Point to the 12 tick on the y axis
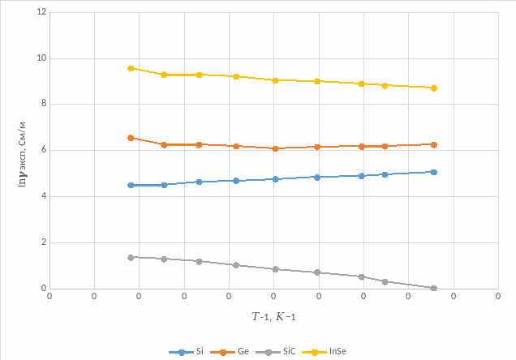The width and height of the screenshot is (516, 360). pos(41,13)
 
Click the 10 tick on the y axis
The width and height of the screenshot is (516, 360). pos(41,58)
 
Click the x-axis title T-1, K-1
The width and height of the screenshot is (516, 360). pos(273,315)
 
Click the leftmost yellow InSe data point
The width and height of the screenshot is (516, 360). pos(131,68)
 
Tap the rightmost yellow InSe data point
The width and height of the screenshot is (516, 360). pos(434,88)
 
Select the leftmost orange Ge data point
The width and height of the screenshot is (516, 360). pos(131,138)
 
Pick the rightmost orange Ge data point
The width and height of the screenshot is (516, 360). pos(434,144)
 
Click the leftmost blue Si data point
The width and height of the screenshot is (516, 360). pos(131,185)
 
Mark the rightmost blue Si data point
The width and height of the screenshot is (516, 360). pos(434,172)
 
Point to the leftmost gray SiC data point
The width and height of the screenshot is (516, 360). pos(131,257)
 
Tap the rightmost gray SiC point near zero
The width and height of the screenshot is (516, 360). pos(434,288)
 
